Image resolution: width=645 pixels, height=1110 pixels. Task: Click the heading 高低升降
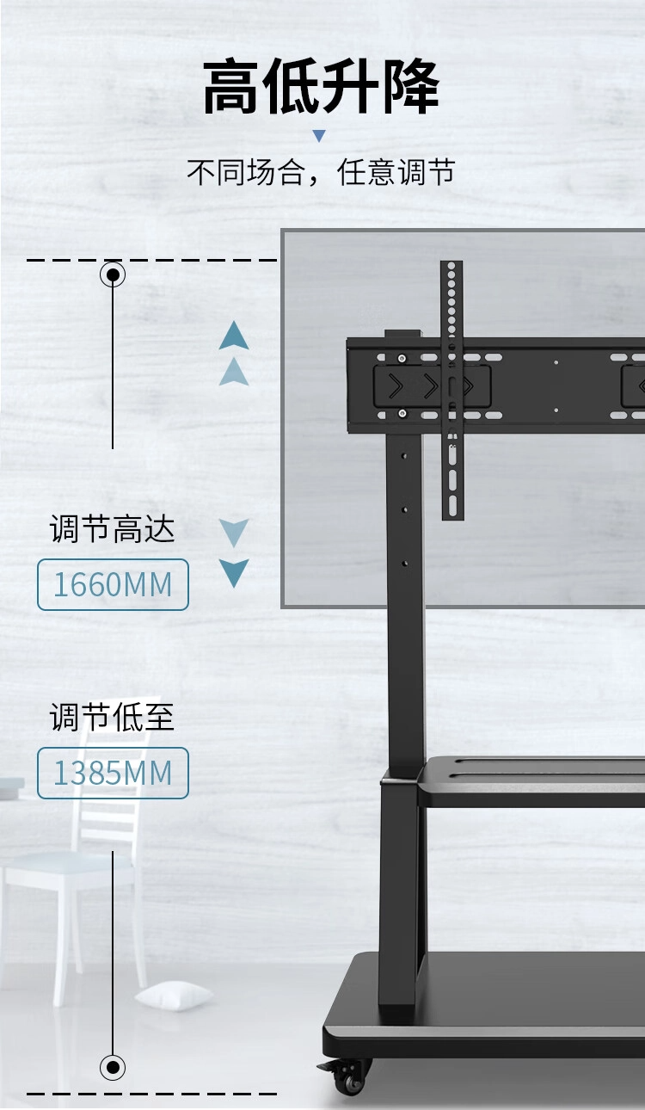click(x=321, y=86)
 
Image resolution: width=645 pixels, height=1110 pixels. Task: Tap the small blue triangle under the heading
click(x=320, y=136)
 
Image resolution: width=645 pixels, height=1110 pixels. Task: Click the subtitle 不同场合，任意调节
click(x=321, y=172)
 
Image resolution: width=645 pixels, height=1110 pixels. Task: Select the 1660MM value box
click(x=113, y=584)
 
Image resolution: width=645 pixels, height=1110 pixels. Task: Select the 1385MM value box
click(x=113, y=773)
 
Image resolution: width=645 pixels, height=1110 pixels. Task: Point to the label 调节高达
click(x=112, y=529)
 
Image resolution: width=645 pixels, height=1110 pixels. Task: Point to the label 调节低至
click(x=112, y=717)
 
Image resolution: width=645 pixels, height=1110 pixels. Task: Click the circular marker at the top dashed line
click(x=113, y=274)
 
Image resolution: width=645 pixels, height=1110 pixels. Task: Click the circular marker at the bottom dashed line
click(x=113, y=1067)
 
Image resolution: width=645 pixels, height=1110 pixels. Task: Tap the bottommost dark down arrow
click(x=234, y=574)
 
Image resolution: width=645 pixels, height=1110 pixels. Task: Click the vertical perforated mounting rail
click(x=451, y=391)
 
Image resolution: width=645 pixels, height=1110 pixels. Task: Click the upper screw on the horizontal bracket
click(x=402, y=358)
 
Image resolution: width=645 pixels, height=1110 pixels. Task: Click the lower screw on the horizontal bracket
click(x=402, y=413)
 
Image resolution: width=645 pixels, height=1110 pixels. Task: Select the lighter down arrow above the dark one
click(x=234, y=533)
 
